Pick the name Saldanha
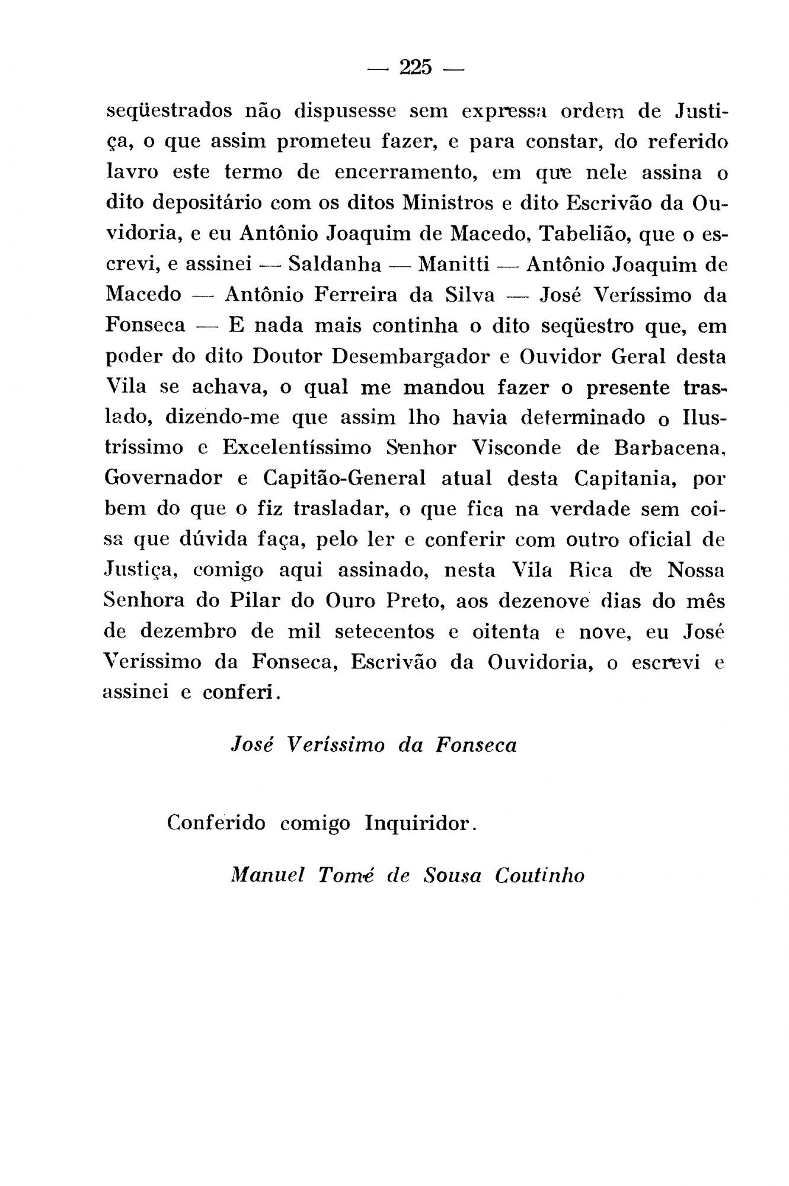[335, 264]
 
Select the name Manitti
[454, 264]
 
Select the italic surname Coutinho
[540, 876]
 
